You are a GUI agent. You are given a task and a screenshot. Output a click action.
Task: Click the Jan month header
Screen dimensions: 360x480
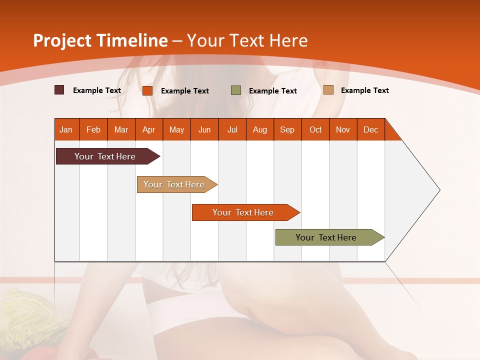point(66,130)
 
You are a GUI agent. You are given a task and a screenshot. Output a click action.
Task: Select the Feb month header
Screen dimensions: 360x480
point(93,130)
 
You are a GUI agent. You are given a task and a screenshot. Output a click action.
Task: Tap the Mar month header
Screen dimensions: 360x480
point(121,130)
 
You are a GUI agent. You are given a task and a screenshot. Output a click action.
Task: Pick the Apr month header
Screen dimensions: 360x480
point(149,130)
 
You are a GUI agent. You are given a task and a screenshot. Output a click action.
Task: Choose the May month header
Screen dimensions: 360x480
point(176,130)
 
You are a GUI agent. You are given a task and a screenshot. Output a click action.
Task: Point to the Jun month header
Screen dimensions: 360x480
point(204,130)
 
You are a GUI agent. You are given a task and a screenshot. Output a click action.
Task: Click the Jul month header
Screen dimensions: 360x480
point(232,130)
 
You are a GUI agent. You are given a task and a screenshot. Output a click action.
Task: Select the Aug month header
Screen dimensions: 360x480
point(260,130)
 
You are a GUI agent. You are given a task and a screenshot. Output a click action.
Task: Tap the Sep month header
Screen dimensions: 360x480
point(287,130)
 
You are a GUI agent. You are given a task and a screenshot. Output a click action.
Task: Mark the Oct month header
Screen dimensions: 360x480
point(315,130)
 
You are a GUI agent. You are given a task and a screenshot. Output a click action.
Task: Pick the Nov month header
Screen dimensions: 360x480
point(343,130)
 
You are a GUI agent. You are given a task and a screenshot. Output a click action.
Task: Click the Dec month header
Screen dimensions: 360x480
point(371,130)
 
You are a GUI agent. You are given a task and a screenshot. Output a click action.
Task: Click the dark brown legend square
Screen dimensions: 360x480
point(59,90)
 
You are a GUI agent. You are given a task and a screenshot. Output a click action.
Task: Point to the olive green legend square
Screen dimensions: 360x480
point(236,90)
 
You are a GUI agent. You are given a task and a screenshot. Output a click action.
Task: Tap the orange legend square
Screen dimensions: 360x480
point(147,90)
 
